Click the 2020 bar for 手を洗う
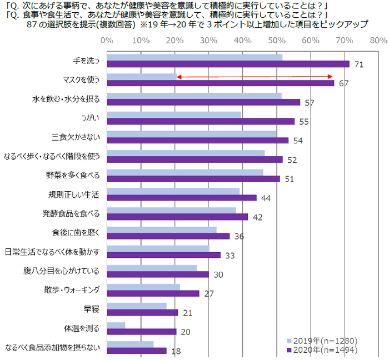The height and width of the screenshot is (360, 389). click(x=228, y=64)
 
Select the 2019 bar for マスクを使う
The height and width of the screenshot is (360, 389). click(x=142, y=76)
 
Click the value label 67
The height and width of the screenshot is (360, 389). click(x=343, y=83)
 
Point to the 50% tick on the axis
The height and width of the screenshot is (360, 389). click(x=276, y=41)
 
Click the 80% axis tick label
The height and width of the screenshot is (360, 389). click(x=378, y=41)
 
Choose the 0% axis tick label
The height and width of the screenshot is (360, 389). click(x=107, y=41)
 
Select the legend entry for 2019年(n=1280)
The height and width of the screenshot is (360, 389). click(x=321, y=340)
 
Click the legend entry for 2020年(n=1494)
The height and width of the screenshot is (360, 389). click(x=321, y=349)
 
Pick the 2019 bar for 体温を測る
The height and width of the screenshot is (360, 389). click(x=116, y=325)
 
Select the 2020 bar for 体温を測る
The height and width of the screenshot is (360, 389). click(x=142, y=332)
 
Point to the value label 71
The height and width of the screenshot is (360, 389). click(x=358, y=64)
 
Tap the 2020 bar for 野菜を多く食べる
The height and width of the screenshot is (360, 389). click(x=193, y=178)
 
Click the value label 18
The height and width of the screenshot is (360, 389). click(x=176, y=351)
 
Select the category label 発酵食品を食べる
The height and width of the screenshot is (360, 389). click(x=74, y=213)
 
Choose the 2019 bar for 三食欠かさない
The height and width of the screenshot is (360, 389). click(x=192, y=133)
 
